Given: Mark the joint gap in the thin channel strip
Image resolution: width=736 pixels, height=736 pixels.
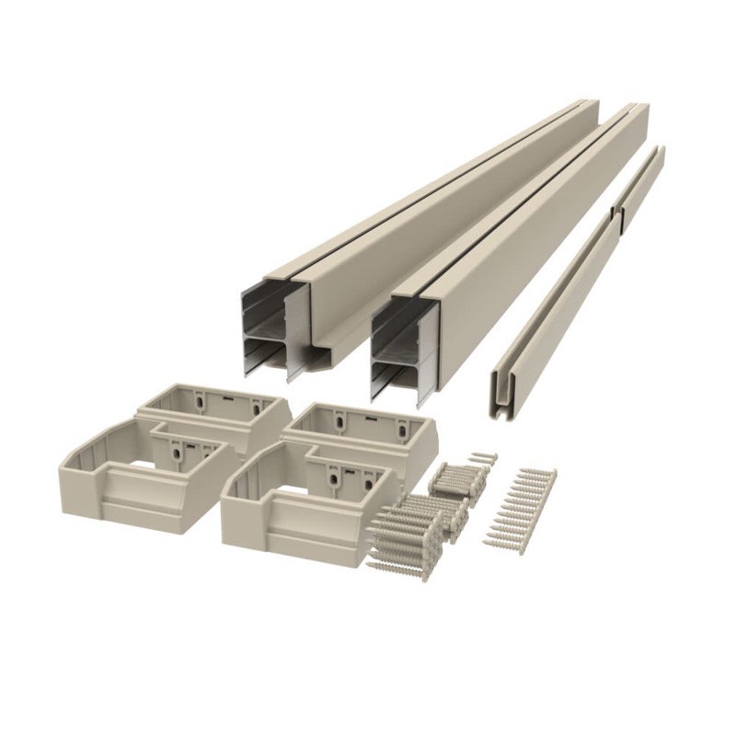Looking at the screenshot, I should tap(615, 216).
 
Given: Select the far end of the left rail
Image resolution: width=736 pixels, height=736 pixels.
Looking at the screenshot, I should tap(580, 104).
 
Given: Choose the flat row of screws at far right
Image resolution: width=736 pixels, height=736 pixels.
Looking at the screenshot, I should tap(528, 506).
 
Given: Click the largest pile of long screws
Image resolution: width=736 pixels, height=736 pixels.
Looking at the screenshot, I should tap(405, 529).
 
